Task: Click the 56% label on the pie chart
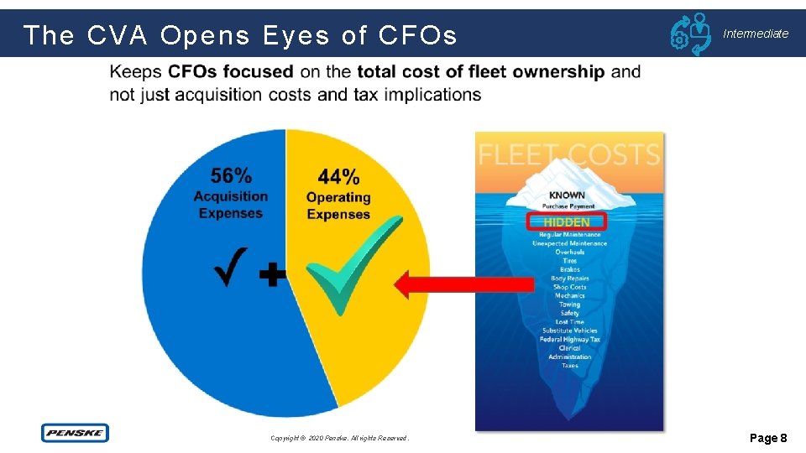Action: [231, 175]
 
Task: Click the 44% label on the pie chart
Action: [338, 176]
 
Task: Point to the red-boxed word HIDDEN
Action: [568, 222]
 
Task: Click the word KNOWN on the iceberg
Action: [568, 195]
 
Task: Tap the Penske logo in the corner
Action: [75, 433]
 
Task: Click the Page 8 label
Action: [767, 438]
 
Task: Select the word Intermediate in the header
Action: [756, 34]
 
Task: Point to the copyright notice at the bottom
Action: [339, 438]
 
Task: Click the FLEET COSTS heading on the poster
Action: [568, 154]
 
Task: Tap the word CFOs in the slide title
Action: [417, 35]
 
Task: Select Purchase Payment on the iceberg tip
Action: [568, 206]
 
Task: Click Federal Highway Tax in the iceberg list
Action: [570, 340]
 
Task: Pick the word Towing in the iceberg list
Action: [569, 305]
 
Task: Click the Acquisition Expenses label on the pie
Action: [231, 205]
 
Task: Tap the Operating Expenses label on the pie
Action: [338, 206]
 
